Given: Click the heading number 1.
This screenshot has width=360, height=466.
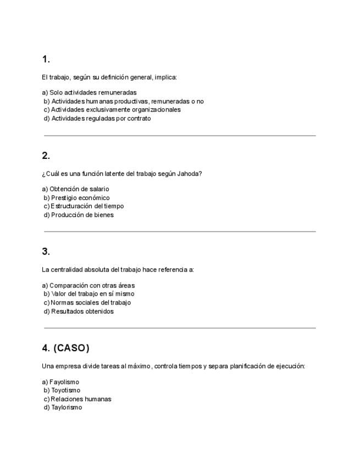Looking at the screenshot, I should point(46,59).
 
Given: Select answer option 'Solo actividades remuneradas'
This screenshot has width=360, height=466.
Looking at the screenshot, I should point(89,92).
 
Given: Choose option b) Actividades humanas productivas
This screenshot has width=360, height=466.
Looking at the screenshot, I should point(123,101).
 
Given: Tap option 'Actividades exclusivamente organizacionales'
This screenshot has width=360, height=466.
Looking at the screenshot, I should point(112,109).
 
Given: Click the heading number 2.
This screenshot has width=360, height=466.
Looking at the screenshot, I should point(46,156).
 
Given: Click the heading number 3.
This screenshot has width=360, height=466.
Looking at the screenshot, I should point(46,252).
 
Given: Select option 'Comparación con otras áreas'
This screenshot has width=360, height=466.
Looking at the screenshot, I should point(88,285).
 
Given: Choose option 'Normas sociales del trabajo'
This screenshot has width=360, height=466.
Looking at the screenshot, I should point(87,302).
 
